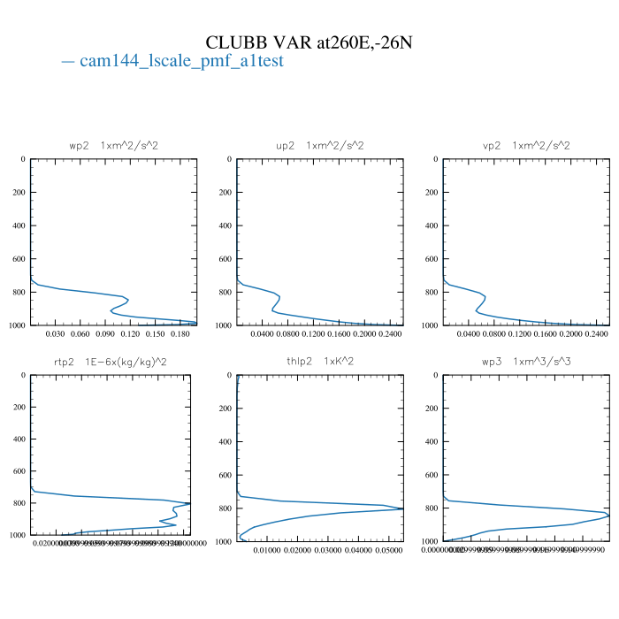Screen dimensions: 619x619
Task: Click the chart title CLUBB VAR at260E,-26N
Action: click(x=309, y=42)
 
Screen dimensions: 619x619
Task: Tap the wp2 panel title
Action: click(x=114, y=145)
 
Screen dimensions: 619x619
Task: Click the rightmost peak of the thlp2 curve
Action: click(x=403, y=508)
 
